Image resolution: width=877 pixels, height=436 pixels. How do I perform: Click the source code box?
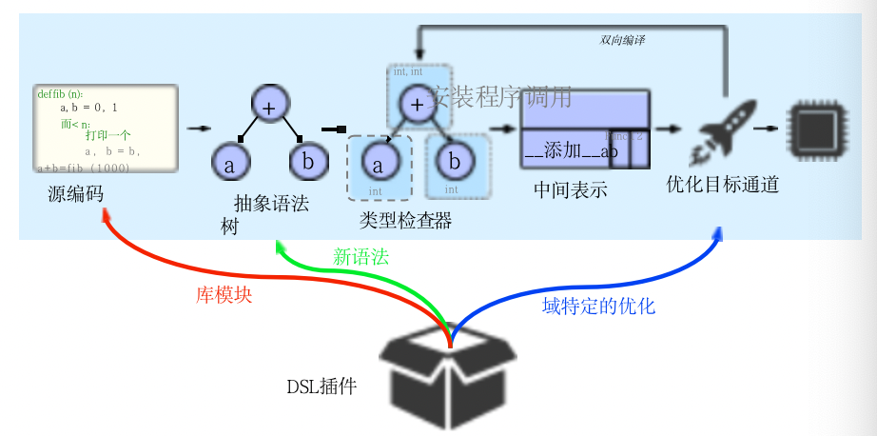click(x=106, y=129)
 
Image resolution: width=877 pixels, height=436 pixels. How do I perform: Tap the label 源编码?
click(x=76, y=194)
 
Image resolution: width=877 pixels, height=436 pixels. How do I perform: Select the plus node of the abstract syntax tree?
click(x=269, y=108)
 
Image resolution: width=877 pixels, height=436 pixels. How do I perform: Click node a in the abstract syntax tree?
click(x=229, y=163)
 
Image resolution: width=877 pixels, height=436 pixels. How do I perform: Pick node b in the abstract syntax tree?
click(x=308, y=161)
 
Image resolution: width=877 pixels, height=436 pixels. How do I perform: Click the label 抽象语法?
click(x=271, y=203)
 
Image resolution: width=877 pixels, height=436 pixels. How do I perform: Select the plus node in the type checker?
click(x=416, y=104)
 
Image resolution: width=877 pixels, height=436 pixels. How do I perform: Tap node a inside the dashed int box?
click(x=378, y=165)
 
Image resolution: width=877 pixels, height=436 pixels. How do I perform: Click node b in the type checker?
click(x=455, y=161)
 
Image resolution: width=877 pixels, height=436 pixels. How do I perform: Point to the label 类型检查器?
click(x=405, y=221)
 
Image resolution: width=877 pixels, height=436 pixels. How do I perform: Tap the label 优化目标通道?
click(x=723, y=185)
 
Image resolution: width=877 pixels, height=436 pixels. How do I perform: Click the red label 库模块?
click(x=224, y=295)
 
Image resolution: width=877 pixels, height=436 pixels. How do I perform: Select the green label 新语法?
click(x=361, y=256)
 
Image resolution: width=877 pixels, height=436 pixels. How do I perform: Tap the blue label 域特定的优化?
click(x=598, y=307)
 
